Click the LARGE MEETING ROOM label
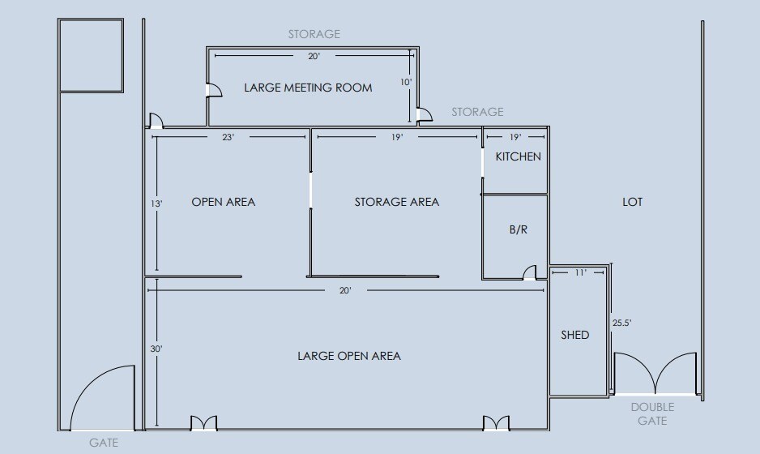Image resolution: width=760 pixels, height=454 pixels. pos(308,88)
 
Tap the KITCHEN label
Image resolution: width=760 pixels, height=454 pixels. pos(518,156)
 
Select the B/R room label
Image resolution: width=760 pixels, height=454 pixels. pos(518,229)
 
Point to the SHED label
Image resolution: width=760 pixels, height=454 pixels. pos(574,335)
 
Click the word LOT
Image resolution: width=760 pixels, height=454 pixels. pos(632,202)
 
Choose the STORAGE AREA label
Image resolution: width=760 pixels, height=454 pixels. pos(396,202)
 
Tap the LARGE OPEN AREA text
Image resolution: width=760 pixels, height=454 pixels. pos(349,356)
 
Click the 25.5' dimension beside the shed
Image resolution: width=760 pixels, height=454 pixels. pos(622,323)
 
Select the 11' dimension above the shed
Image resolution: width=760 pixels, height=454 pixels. pos(581,272)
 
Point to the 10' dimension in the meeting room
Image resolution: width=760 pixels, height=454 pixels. pos(406,83)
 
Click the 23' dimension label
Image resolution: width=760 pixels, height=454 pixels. pos(228,137)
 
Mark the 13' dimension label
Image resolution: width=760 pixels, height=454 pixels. pos(156,203)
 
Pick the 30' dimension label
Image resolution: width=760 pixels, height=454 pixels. pos(156,349)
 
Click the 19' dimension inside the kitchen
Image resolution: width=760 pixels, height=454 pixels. pos(515,137)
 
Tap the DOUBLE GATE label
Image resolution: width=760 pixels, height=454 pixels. pos(652,413)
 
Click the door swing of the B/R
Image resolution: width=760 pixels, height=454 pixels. pos(529,272)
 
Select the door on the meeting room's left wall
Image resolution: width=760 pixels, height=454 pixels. pos(214,90)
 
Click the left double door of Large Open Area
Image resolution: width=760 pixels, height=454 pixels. pos(203,423)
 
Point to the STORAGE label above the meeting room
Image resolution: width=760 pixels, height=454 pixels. pos(314,34)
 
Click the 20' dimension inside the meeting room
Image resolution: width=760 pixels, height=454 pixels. pos(314,56)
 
